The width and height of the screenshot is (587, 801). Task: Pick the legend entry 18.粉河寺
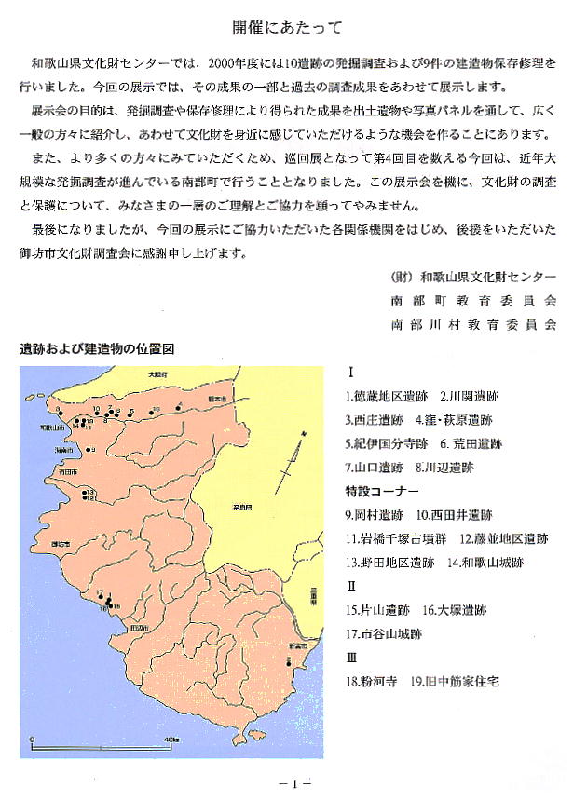[x=372, y=682]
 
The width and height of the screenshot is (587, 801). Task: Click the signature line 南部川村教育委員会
[x=473, y=324]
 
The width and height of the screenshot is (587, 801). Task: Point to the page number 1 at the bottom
[x=293, y=785]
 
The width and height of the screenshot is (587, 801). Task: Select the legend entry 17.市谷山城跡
[x=384, y=634]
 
